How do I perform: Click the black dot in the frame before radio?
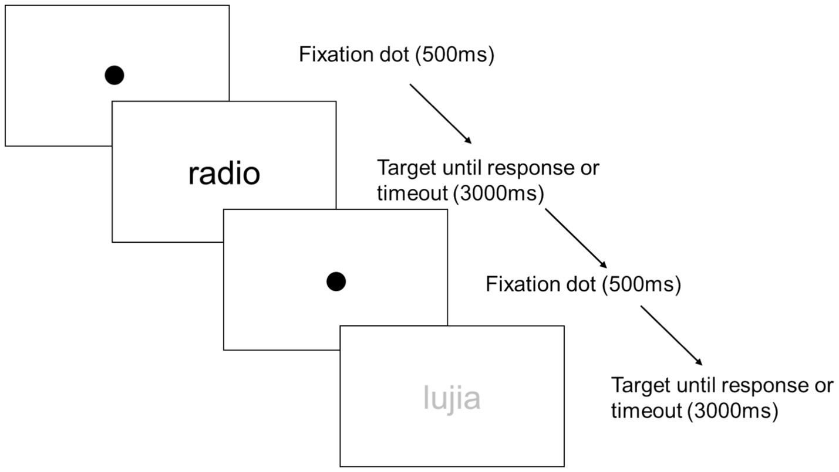tap(114, 75)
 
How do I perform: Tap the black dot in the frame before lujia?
tap(336, 281)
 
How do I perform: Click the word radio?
tap(224, 174)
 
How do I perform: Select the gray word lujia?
tap(452, 398)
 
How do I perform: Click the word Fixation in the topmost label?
tap(334, 55)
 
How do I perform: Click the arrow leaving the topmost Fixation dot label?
tap(440, 114)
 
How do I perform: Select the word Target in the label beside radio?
tap(406, 168)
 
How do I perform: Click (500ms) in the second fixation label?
tap(642, 284)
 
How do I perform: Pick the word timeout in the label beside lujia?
tap(646, 410)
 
